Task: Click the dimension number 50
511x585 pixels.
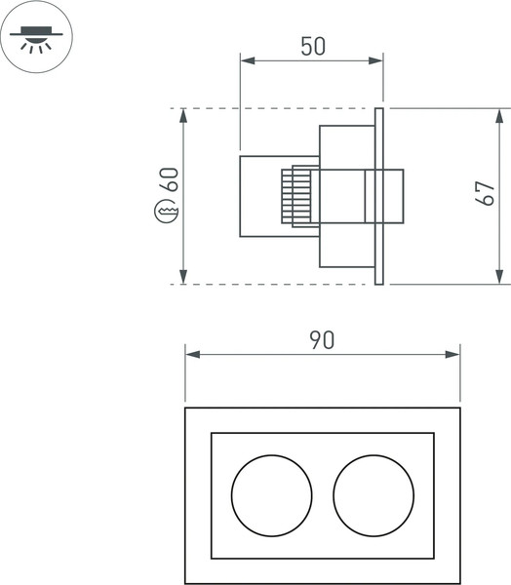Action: tap(312, 46)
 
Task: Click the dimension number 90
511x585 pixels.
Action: tap(322, 339)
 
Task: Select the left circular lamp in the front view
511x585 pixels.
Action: tap(271, 494)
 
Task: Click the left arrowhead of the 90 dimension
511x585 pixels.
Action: tap(192, 355)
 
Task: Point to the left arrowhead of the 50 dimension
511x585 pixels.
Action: tap(247, 61)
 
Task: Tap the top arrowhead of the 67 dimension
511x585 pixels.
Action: tap(498, 115)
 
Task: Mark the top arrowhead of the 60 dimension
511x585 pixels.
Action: tap(183, 115)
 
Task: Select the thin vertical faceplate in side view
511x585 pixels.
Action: tap(379, 195)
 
